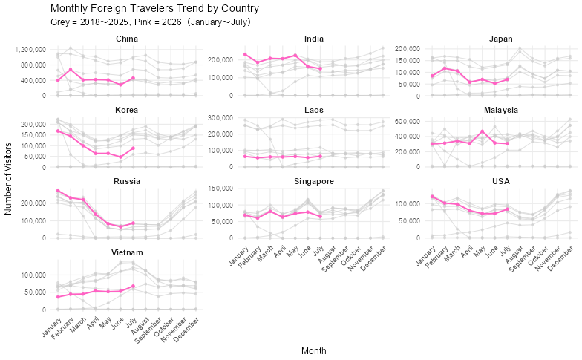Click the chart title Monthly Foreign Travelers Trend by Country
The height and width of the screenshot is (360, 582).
[x=154, y=8]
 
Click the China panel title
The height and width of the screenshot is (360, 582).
[x=127, y=39]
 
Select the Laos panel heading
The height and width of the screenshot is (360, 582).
[x=314, y=110]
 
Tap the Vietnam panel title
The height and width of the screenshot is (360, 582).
[x=127, y=252]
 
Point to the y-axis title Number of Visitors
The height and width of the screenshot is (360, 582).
[x=8, y=179]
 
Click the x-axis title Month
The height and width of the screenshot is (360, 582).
[x=314, y=350]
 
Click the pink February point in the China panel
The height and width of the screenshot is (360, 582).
[x=71, y=70]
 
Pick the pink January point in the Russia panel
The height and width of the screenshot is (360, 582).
[x=58, y=191]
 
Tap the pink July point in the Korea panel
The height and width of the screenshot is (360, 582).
[x=134, y=148]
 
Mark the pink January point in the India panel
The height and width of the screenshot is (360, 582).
[x=245, y=54]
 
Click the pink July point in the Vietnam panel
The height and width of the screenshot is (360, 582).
[x=134, y=287]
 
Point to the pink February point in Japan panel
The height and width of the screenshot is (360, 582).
[x=445, y=68]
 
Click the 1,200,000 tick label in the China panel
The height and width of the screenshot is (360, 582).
[x=31, y=49]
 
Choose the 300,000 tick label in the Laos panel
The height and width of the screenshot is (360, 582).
[x=221, y=117]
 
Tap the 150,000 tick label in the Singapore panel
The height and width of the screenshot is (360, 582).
[x=221, y=189]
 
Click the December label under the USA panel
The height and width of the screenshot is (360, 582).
[x=560, y=258]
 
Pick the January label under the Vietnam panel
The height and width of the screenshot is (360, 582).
[x=51, y=327]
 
